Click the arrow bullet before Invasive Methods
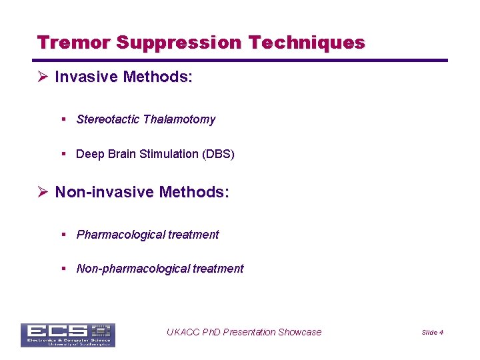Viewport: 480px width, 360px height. pos(43,77)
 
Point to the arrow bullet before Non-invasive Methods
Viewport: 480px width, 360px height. pos(43,193)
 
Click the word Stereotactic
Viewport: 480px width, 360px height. pos(108,119)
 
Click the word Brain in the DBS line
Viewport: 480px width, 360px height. pos(121,154)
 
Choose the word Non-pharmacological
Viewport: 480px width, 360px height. pos(133,269)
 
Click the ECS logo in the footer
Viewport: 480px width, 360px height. pos(67,335)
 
